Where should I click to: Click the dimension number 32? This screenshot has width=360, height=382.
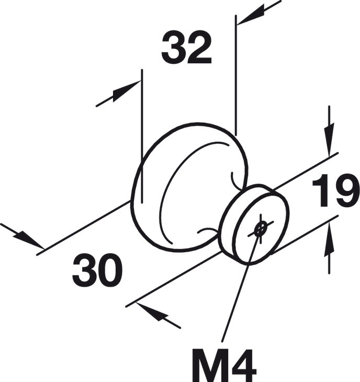(x=187, y=47)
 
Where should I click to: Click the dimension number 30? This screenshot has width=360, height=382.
(x=97, y=270)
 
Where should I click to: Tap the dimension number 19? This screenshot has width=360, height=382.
(x=336, y=190)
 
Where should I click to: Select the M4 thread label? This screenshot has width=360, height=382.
(x=224, y=365)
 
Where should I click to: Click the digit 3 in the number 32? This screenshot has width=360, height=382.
(x=173, y=47)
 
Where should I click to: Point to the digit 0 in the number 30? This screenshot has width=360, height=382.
(x=110, y=270)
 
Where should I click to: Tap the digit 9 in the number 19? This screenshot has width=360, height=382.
(x=347, y=190)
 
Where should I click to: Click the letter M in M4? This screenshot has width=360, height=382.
(x=210, y=365)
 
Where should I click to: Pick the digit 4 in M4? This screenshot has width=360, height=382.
(x=243, y=365)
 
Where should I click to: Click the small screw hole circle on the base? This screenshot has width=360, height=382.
(x=260, y=229)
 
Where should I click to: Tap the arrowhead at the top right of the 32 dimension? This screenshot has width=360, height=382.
(x=251, y=17)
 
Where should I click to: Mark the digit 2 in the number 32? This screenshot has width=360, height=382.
(x=199, y=47)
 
